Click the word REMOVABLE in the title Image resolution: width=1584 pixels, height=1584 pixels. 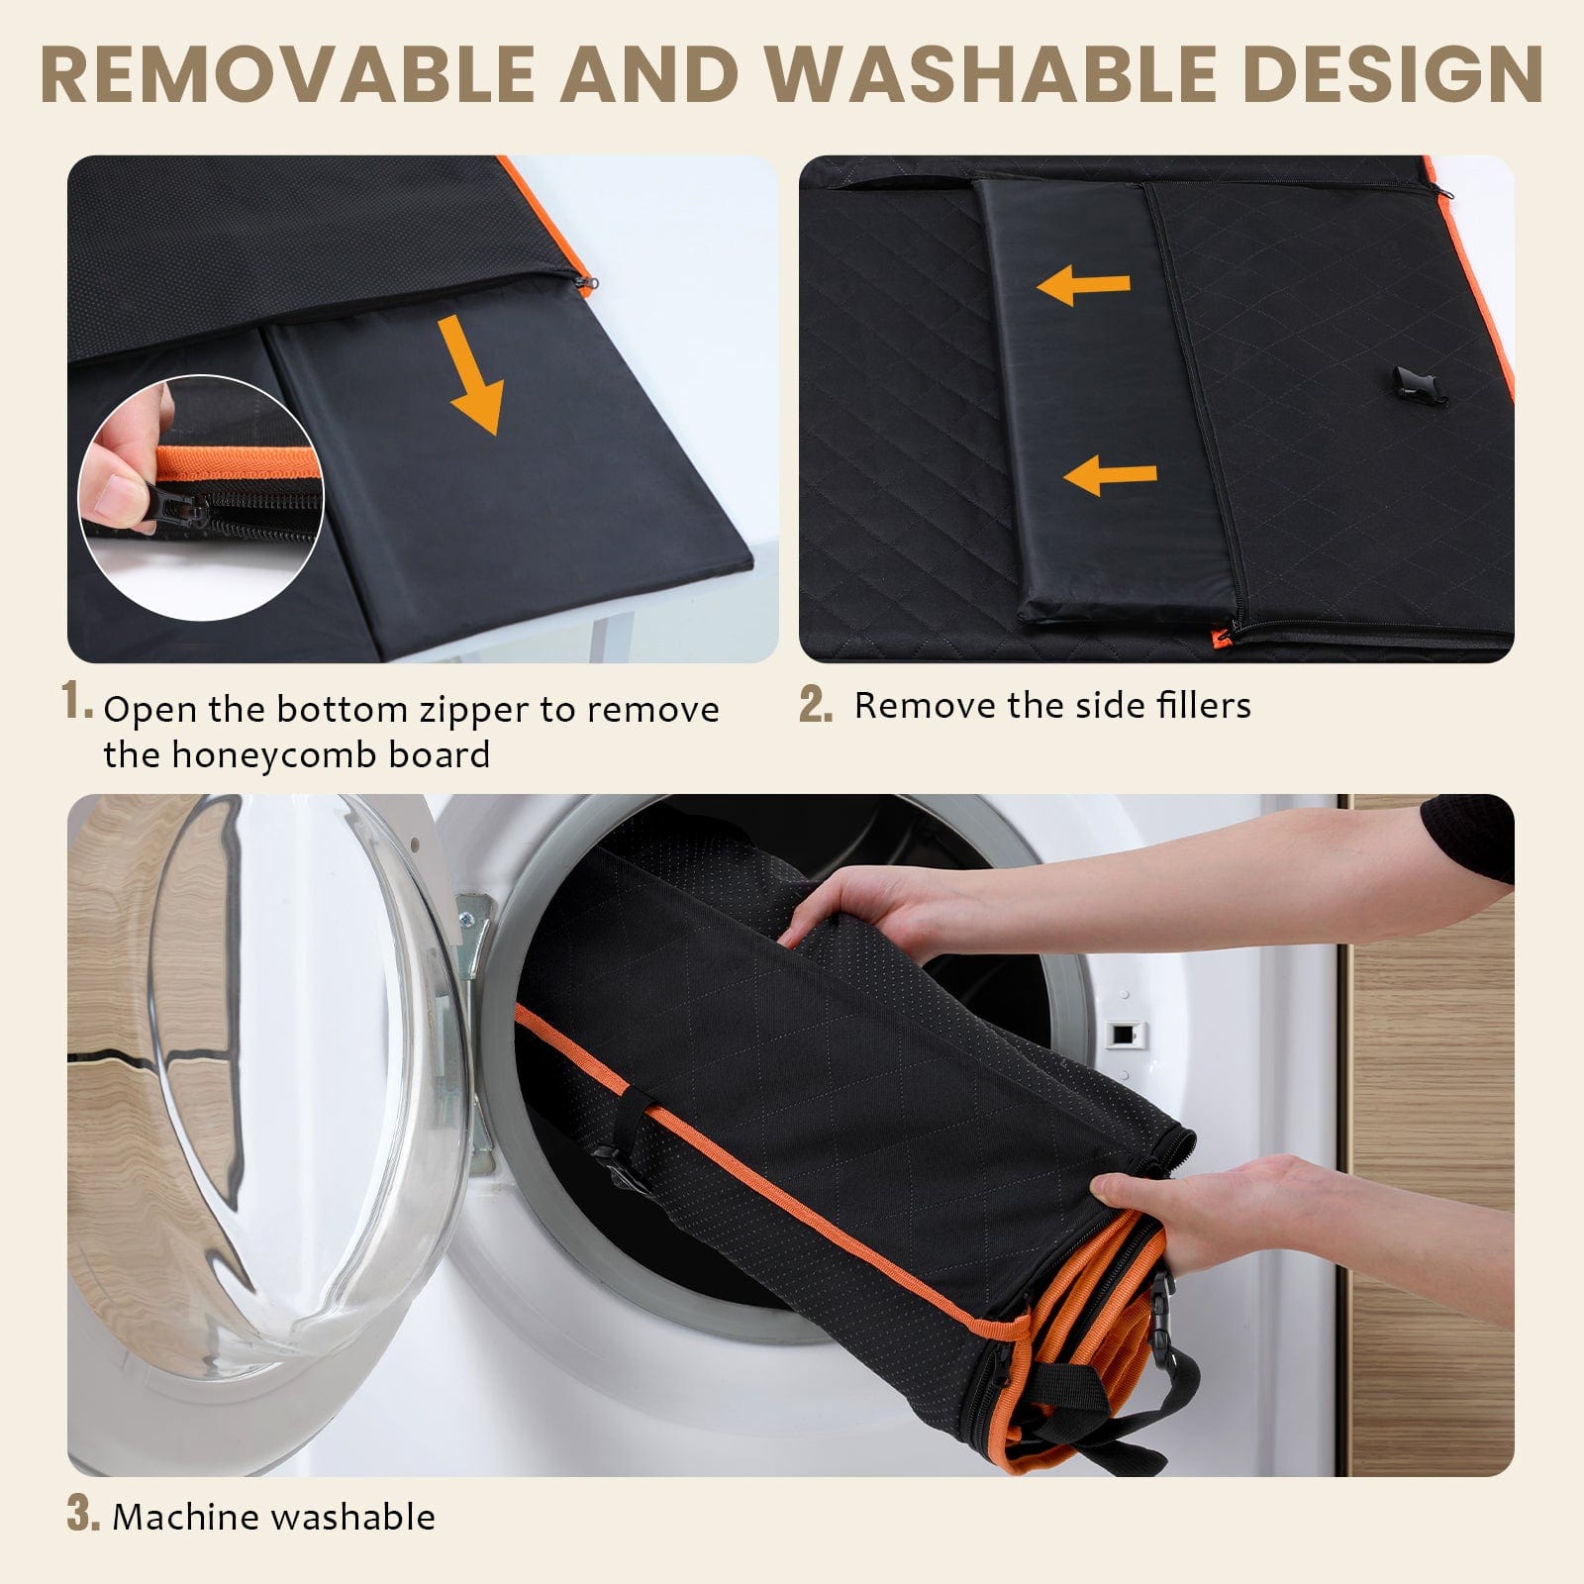point(288,74)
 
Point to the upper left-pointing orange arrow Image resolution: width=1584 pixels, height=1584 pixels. point(1083,287)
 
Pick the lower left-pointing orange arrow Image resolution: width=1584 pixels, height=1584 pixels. point(1110,476)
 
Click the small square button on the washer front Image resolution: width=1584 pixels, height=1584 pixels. point(1122,1034)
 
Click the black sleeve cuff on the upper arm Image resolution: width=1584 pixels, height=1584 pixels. point(1469,838)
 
